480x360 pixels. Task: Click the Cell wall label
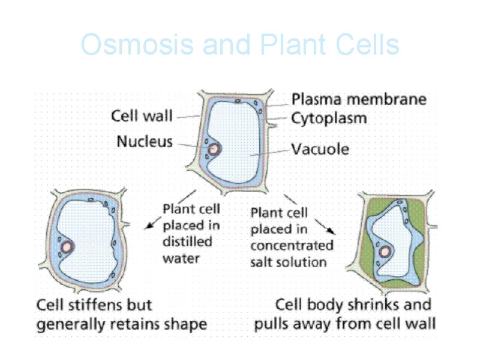(142, 116)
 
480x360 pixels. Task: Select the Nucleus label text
(145, 142)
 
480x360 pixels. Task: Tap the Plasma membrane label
(359, 99)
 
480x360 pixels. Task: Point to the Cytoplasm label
(329, 118)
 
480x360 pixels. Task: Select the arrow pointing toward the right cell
(329, 227)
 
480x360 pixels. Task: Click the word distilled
(187, 242)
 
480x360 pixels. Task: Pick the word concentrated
(292, 245)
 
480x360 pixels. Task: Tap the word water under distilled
(181, 259)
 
